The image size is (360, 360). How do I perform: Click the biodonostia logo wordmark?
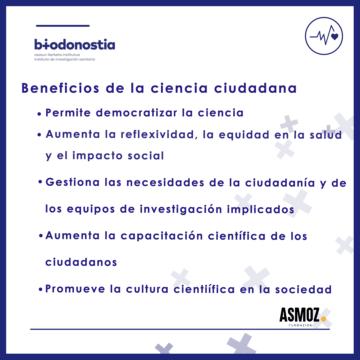(x=75, y=44)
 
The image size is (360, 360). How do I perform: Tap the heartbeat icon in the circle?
(x=324, y=36)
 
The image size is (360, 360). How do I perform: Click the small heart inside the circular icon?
(x=335, y=37)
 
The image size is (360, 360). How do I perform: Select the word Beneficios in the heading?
(x=60, y=88)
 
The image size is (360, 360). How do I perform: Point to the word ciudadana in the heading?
(x=256, y=88)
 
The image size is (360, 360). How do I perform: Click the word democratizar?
(x=136, y=113)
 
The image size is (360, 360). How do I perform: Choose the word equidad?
(x=244, y=135)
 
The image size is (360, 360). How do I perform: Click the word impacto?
(x=97, y=156)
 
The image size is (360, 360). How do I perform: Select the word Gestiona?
(x=73, y=182)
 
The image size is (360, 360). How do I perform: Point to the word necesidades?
(x=165, y=183)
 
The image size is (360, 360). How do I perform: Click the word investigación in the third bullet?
(x=181, y=209)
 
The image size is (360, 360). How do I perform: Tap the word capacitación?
(x=162, y=236)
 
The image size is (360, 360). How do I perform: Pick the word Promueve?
(x=75, y=289)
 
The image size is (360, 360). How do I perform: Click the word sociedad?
(x=304, y=290)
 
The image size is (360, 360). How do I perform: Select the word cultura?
(x=147, y=289)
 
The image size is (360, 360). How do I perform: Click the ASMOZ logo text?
(x=299, y=315)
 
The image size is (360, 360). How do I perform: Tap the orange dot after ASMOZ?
(x=323, y=319)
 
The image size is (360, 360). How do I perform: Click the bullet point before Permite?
(x=39, y=114)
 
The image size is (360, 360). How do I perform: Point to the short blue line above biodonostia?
(x=63, y=26)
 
